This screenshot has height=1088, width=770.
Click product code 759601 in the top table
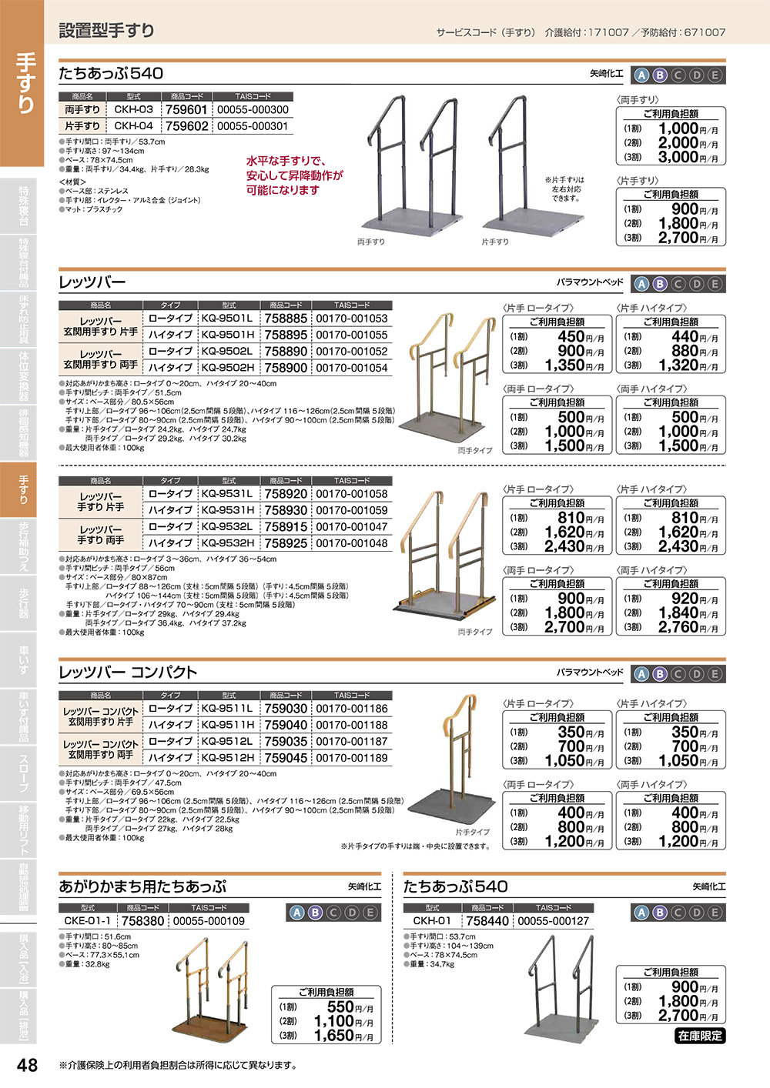(186, 110)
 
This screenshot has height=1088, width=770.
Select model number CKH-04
(133, 126)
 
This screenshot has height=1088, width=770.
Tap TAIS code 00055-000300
(253, 110)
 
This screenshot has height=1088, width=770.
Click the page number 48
(27, 1065)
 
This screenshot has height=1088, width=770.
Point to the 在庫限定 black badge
(700, 1036)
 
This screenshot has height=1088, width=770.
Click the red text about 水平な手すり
(294, 175)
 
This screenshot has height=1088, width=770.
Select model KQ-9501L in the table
(226, 319)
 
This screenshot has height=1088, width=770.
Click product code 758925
(286, 543)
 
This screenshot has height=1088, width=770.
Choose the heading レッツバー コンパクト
(129, 672)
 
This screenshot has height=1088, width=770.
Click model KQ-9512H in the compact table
(226, 758)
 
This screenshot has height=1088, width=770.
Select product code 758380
(142, 921)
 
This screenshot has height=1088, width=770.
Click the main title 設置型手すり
(107, 31)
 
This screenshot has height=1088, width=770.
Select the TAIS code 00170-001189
(352, 758)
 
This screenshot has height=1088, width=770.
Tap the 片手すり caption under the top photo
(495, 242)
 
